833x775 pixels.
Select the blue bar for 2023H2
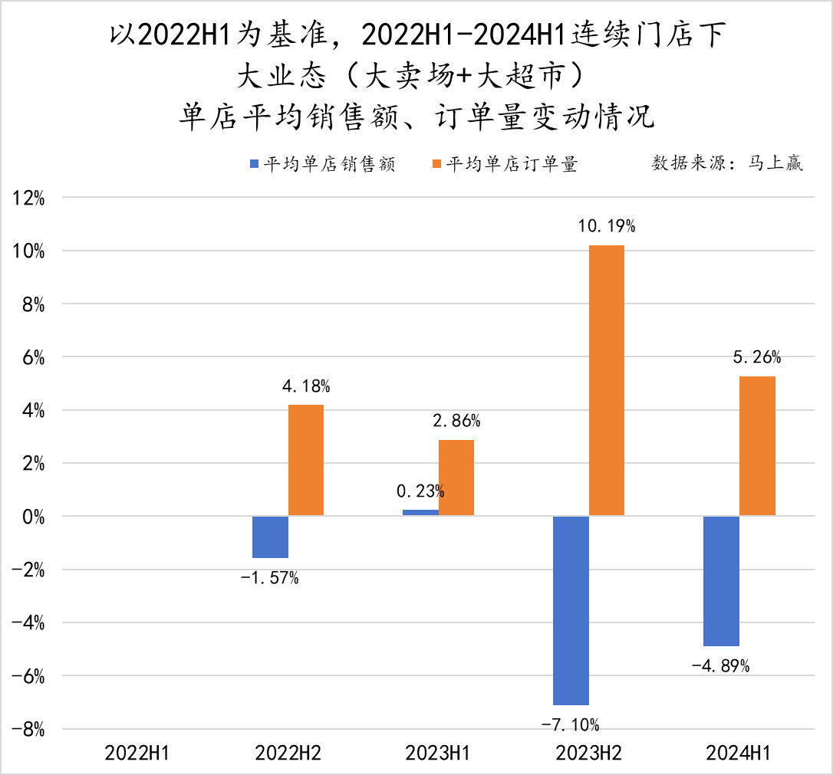[571, 610]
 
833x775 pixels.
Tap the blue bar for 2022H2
[270, 537]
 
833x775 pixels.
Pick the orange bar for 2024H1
[757, 446]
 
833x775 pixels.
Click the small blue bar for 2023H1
[420, 512]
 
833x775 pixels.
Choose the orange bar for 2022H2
[306, 460]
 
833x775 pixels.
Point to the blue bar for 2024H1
[721, 581]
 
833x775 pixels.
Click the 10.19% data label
[607, 226]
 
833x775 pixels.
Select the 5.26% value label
[757, 357]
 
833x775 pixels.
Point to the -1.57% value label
[269, 577]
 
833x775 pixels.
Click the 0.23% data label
[420, 491]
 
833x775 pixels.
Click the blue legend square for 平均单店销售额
[255, 164]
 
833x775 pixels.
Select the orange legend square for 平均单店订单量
[437, 164]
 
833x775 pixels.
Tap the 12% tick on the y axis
[29, 199]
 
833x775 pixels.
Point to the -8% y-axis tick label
[28, 729]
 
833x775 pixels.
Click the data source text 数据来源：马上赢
[727, 163]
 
